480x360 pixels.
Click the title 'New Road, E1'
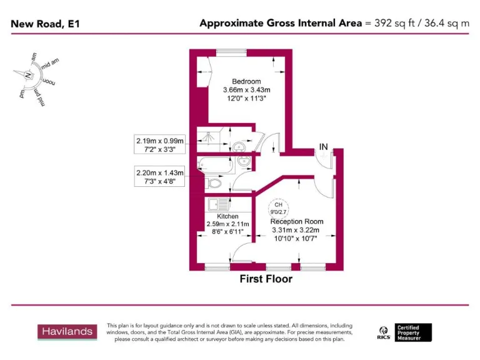(46, 24)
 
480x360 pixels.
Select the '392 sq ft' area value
(392, 23)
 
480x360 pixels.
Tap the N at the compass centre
(28, 76)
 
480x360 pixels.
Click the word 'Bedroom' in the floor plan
(246, 81)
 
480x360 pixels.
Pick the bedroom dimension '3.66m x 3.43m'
(246, 90)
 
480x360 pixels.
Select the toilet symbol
(214, 184)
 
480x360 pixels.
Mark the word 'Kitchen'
(227, 216)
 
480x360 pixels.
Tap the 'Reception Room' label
(296, 221)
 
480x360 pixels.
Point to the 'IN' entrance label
(323, 147)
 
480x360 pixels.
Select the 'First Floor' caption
(266, 279)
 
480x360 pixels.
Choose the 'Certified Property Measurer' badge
(413, 332)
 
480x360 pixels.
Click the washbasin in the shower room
(238, 147)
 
